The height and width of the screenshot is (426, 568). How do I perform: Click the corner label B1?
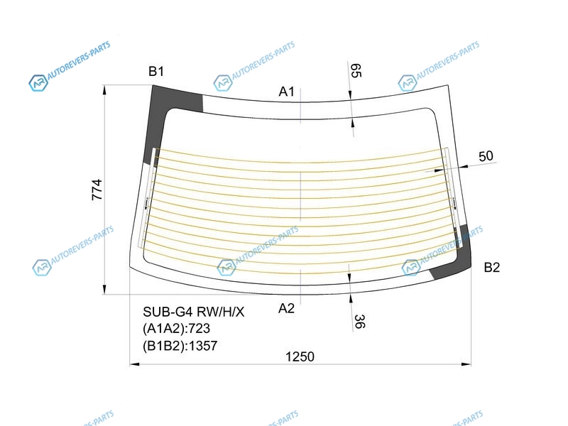tap(156, 72)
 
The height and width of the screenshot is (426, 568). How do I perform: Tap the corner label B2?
tap(491, 268)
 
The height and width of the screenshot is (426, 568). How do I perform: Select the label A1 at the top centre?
tap(287, 92)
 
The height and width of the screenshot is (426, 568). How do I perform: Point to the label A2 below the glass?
tap(286, 308)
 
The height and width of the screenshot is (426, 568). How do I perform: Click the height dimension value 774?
tap(97, 190)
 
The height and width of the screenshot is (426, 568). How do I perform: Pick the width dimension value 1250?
tap(300, 357)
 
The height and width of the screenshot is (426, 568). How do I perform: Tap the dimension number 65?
tap(356, 70)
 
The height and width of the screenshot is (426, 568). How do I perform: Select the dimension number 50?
tap(486, 156)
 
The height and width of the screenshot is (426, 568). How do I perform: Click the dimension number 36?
tap(359, 322)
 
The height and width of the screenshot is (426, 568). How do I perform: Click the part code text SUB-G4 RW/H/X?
tap(193, 312)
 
